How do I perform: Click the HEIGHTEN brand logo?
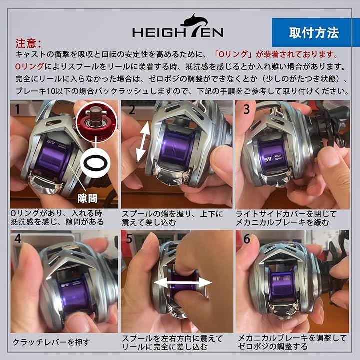[178, 26]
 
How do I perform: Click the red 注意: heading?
[28, 43]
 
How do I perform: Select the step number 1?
[17, 109]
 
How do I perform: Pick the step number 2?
[132, 109]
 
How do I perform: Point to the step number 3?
[247, 109]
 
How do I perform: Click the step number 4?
[18, 239]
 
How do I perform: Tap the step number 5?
[129, 239]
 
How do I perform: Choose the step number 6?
[247, 239]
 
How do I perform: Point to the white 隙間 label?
[87, 198]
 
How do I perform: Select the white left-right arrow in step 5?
[183, 282]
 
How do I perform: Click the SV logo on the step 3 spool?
[268, 159]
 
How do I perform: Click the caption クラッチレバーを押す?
[51, 342]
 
